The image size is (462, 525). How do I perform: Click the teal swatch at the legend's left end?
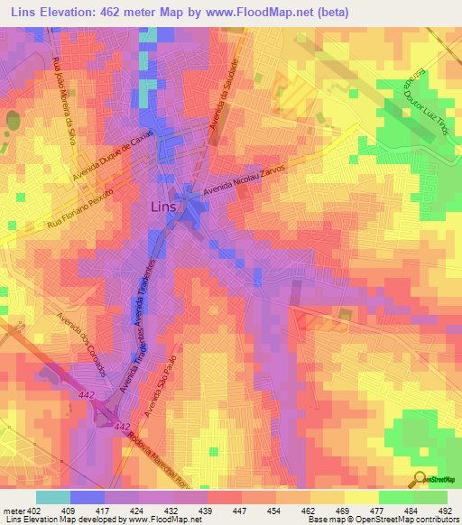53,497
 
